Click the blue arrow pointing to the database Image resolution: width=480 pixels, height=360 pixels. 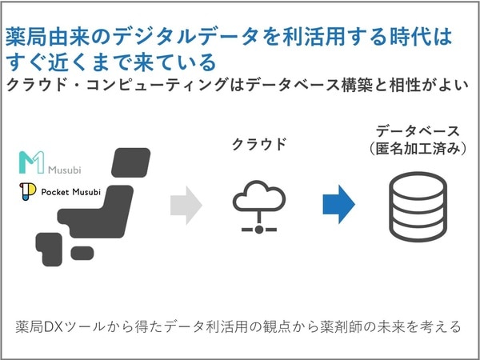point(339,204)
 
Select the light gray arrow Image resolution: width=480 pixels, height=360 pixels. point(186,206)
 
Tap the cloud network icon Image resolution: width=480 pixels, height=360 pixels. point(259,207)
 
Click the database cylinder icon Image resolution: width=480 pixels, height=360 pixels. point(418,207)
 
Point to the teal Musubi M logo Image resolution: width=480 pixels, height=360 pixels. point(31,162)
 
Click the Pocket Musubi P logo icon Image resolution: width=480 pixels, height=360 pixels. point(27,192)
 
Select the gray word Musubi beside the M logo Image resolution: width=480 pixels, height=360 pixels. point(65,170)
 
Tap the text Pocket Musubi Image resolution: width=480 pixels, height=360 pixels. point(70,192)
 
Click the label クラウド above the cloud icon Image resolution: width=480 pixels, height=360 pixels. point(259,144)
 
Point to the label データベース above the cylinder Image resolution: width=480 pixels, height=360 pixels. point(418,131)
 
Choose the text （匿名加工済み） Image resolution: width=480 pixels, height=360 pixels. point(418,149)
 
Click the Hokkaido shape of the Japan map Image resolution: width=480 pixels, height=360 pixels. point(131,162)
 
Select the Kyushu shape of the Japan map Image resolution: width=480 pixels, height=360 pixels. point(48,249)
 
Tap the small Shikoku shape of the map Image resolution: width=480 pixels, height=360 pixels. point(82,253)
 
